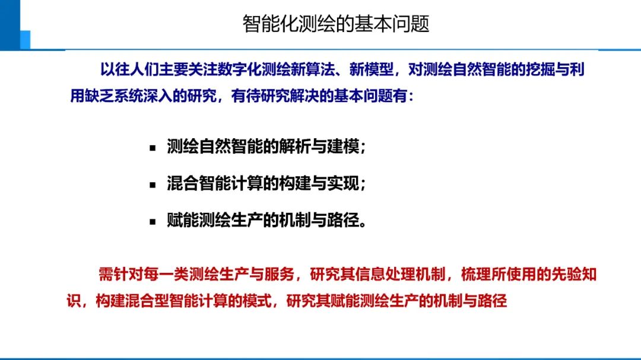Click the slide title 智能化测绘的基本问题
coord(335,24)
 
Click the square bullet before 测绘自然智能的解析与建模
coord(153,148)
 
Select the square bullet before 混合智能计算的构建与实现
coord(153,184)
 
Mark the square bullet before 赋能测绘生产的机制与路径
coord(153,222)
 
